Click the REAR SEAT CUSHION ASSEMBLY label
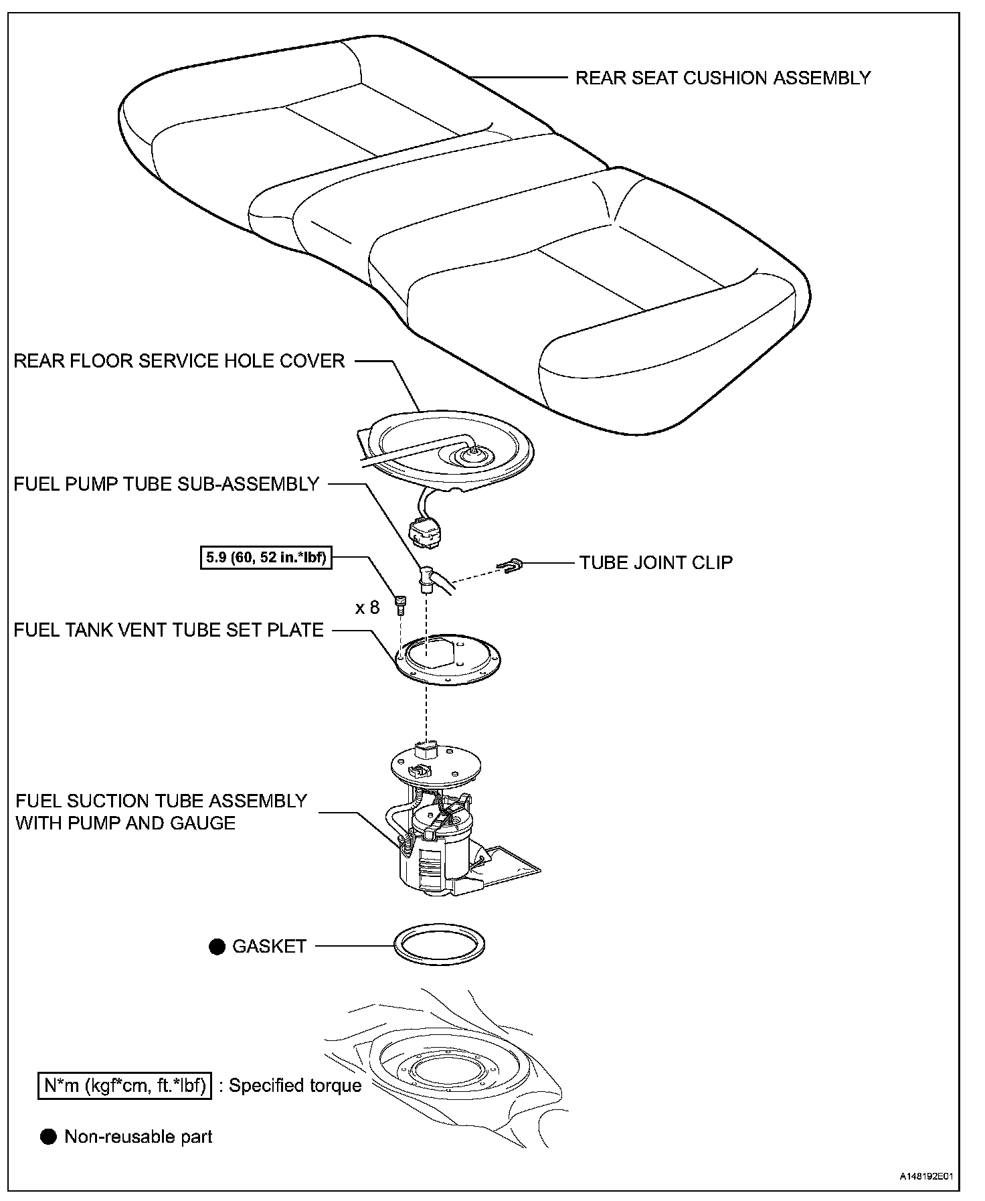pos(723,78)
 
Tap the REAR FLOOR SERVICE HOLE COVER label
pos(179,362)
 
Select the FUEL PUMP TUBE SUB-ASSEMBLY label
pos(167,484)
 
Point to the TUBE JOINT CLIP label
pos(656,562)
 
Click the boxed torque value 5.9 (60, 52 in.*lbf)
pos(266,557)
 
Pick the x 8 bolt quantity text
pos(367,607)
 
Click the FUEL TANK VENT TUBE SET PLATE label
pos(169,630)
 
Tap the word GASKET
pos(269,947)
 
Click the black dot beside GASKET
pos(217,947)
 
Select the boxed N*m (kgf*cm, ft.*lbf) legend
pos(124,1085)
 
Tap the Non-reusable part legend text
pos(139,1137)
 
